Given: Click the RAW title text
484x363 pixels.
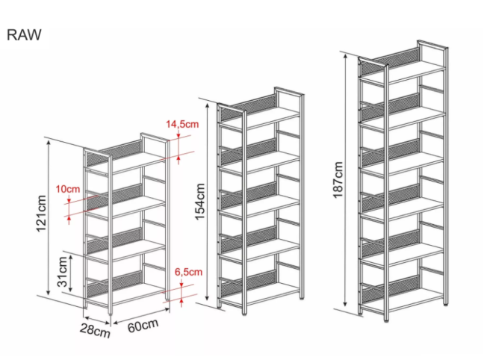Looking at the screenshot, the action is pyautogui.click(x=24, y=34).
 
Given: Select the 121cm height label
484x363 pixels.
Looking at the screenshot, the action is pyautogui.click(x=41, y=214).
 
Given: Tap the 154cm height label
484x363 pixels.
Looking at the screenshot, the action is pyautogui.click(x=200, y=202).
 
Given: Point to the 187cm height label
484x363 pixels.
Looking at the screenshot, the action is pyautogui.click(x=338, y=180).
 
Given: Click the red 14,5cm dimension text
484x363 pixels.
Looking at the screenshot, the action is pyautogui.click(x=182, y=124).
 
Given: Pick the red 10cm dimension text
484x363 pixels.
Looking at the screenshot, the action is pyautogui.click(x=68, y=189).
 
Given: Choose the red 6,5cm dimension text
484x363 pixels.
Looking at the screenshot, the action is pyautogui.click(x=188, y=272).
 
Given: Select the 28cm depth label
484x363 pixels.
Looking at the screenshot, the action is pyautogui.click(x=95, y=330).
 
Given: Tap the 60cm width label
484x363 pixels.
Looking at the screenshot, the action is pyautogui.click(x=143, y=326).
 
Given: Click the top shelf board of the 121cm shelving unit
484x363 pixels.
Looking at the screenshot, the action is pyautogui.click(x=126, y=162).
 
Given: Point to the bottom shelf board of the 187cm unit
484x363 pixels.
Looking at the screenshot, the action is pyautogui.click(x=402, y=300).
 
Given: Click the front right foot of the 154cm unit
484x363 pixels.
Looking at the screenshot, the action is pyautogui.click(x=244, y=314).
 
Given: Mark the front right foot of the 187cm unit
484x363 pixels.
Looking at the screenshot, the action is pyautogui.click(x=386, y=320).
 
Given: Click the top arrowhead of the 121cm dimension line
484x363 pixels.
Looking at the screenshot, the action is pyautogui.click(x=48, y=142).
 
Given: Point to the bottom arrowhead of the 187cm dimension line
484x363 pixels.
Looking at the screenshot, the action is pyautogui.click(x=345, y=304).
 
